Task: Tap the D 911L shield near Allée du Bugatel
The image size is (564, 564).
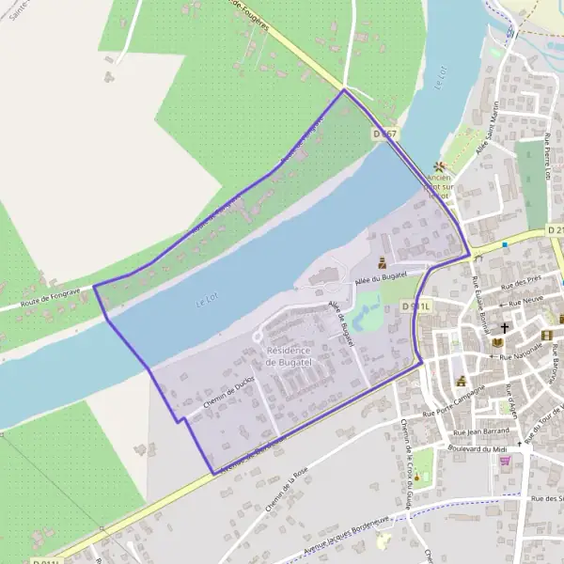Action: pyautogui.click(x=415, y=306)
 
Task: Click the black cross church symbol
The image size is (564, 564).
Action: pyautogui.click(x=505, y=328)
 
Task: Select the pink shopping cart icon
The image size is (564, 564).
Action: pyautogui.click(x=505, y=461)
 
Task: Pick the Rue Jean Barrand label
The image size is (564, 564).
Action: pyautogui.click(x=480, y=431)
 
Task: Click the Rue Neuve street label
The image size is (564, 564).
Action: pyautogui.click(x=526, y=303)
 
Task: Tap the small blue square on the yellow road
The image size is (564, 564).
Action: pyautogui.click(x=505, y=245)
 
